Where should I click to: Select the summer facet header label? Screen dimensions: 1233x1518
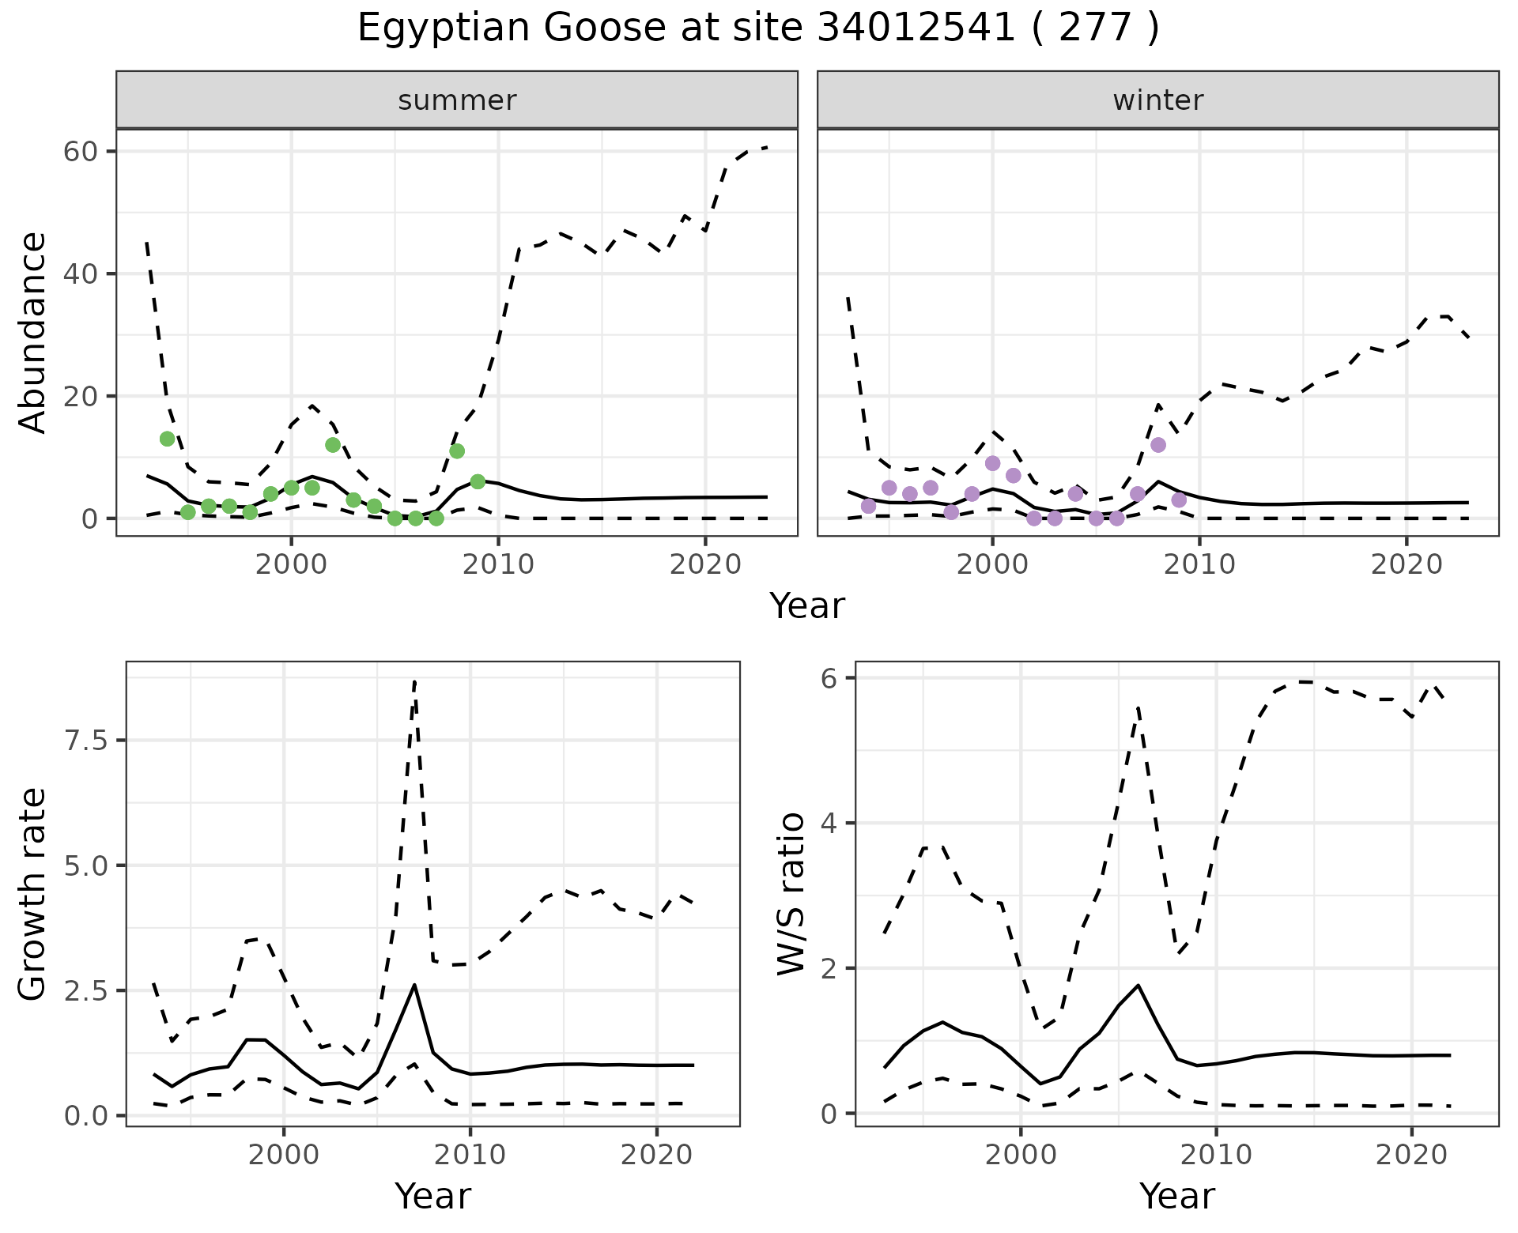[457, 100]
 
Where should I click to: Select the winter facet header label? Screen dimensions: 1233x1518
[1157, 100]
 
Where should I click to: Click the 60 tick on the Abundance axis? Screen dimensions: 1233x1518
[78, 152]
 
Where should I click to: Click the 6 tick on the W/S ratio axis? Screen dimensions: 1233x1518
[830, 678]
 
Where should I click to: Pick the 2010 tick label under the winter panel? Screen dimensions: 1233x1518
[1199, 565]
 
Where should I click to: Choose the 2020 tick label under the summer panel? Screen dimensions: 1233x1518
[704, 565]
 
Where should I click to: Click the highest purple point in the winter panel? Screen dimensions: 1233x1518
[1158, 445]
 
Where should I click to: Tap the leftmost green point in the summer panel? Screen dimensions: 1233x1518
[167, 439]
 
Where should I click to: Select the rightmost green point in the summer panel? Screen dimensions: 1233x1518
[478, 481]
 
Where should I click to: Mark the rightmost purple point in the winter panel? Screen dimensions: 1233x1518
[1179, 500]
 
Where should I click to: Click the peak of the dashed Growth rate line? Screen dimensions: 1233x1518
[415, 681]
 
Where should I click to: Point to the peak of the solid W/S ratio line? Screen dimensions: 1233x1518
[1138, 985]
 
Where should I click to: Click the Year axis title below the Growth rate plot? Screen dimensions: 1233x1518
[432, 1196]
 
